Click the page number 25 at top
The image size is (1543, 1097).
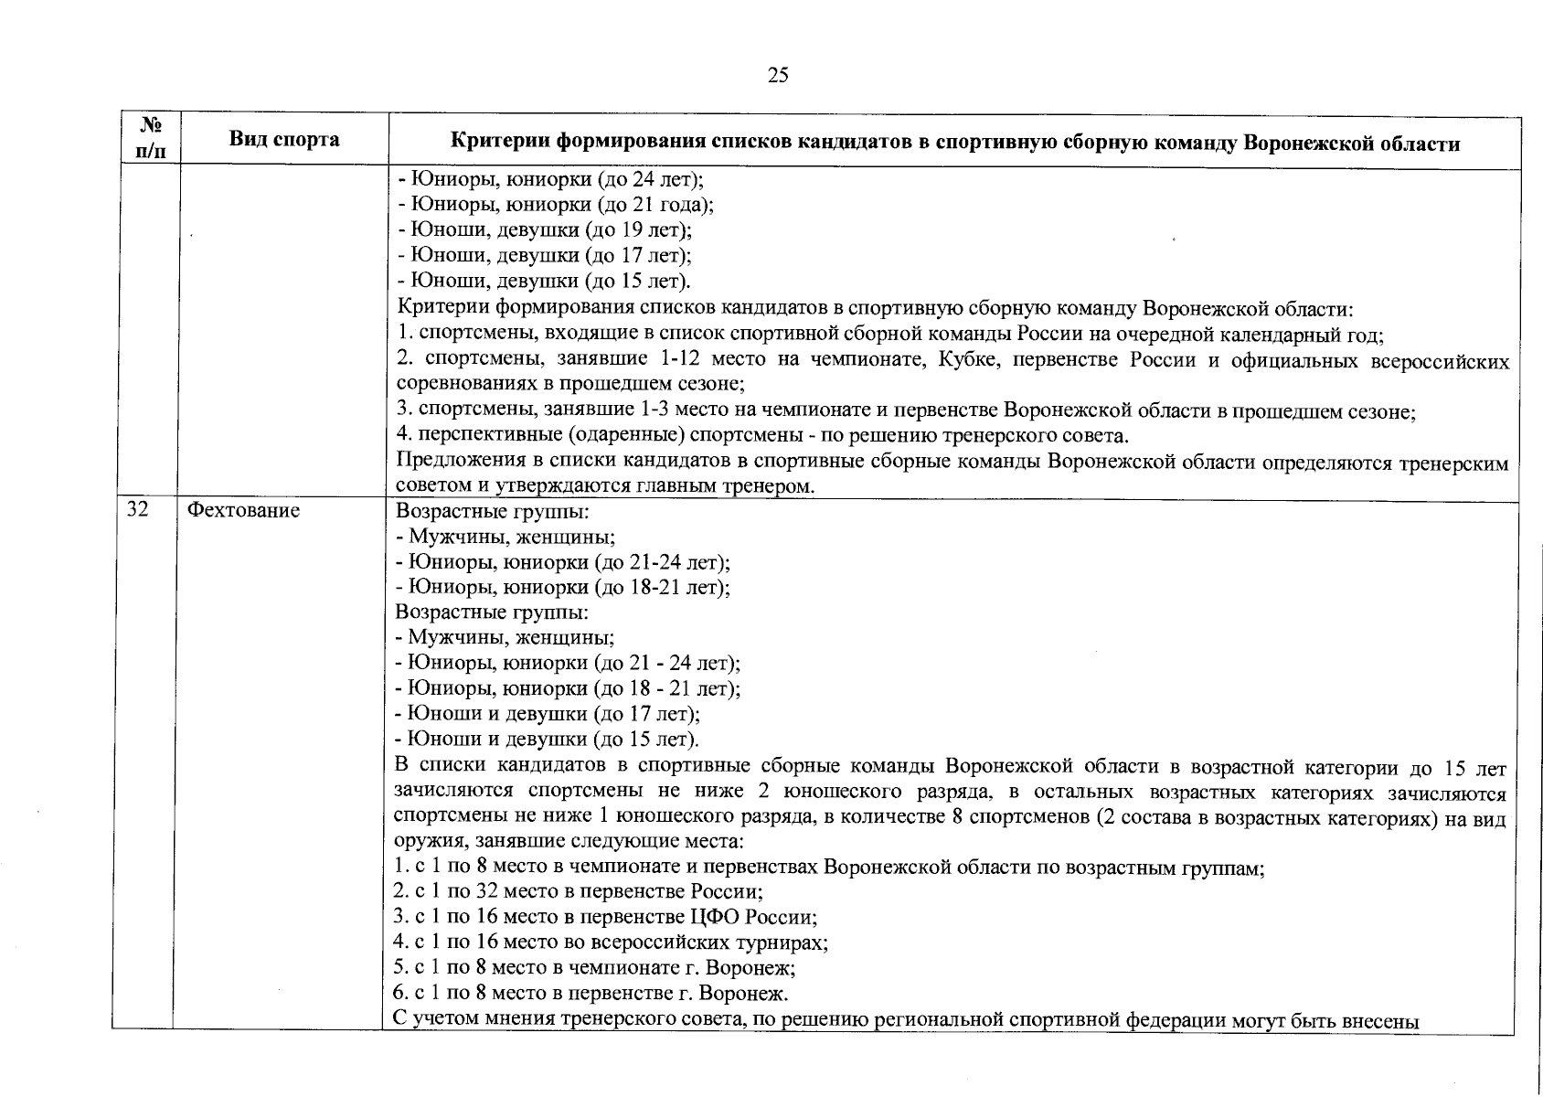[778, 75]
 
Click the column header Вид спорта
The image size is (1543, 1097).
[283, 140]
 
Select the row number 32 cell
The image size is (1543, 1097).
[137, 510]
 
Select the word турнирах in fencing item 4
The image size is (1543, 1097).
[790, 942]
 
